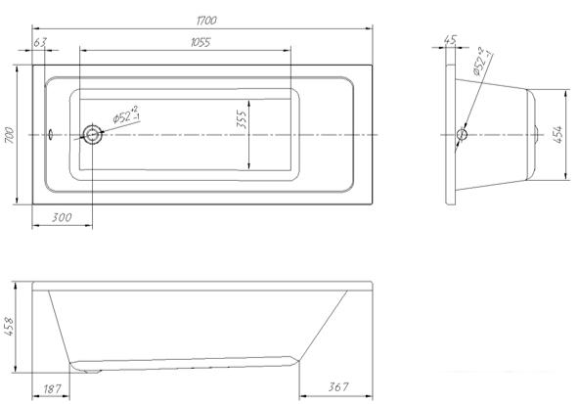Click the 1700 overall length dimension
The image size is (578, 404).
point(206,21)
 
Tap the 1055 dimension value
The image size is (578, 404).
point(200,42)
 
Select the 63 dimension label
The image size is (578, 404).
point(40,42)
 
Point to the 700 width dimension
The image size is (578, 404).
point(9,135)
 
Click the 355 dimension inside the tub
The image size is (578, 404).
point(242,118)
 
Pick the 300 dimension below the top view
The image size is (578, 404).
point(62,217)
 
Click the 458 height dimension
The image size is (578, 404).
point(9,327)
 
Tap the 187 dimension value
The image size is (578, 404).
point(52,388)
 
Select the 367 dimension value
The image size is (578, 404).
point(338,387)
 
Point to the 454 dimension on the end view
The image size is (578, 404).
point(558,135)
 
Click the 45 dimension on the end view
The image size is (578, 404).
point(450,39)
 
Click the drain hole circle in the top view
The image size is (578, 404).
point(93,135)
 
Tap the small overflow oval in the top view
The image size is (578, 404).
point(51,134)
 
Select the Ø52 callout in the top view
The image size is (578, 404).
point(126,115)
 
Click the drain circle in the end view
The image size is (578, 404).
point(462,134)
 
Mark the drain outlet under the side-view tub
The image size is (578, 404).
point(93,371)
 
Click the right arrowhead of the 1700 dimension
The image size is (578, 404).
point(369,28)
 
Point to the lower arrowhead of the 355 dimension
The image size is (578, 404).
point(249,165)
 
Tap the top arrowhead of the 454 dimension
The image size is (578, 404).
point(566,94)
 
